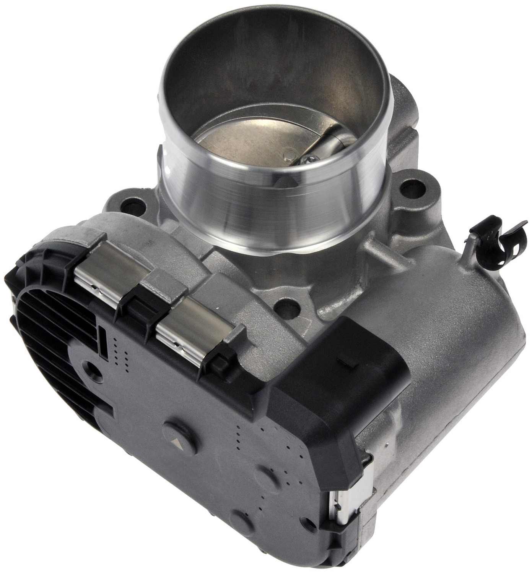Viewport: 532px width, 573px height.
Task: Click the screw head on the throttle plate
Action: pos(304,161)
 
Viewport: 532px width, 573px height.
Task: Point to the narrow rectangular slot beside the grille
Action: pos(103,338)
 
